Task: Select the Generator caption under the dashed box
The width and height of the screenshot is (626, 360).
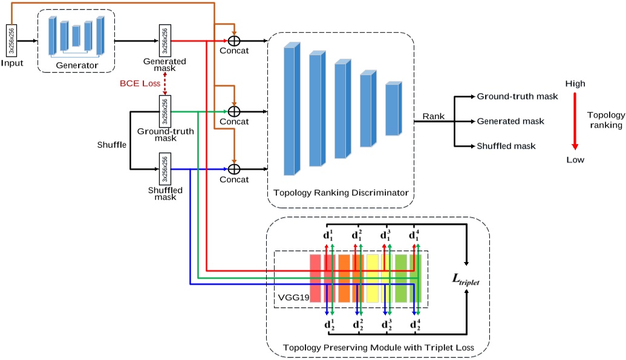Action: tap(77, 65)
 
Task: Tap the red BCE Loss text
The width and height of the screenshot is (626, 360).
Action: tap(139, 83)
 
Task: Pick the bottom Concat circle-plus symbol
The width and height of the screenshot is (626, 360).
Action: tap(234, 169)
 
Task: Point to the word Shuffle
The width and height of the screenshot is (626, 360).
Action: tap(112, 145)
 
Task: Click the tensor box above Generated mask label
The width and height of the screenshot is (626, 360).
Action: tap(164, 41)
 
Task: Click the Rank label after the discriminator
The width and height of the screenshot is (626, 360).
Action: tap(433, 116)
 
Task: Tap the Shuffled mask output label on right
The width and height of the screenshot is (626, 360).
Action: tap(506, 146)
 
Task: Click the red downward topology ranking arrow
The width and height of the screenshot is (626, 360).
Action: tap(575, 121)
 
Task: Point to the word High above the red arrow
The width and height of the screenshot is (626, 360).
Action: tap(575, 84)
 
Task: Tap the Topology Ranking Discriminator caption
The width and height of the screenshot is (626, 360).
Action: tap(341, 193)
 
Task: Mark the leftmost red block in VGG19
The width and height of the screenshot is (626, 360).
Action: tap(315, 278)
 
